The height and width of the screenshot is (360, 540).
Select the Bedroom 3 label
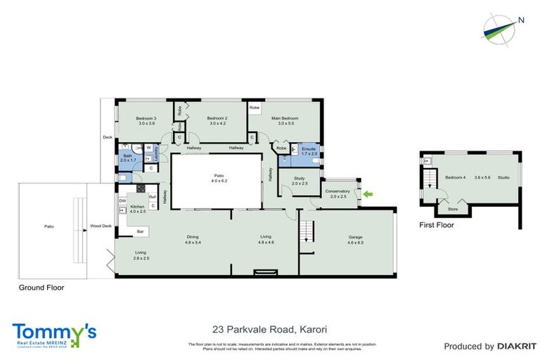[146, 121]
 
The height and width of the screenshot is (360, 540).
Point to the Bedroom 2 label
[217, 121]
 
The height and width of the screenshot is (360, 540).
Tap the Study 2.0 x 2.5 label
[300, 181]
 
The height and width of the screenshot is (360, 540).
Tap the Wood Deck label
[101, 226]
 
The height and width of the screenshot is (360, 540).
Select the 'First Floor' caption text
[437, 226]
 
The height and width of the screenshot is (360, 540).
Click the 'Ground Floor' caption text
[43, 288]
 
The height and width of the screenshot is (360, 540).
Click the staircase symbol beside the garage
[305, 229]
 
